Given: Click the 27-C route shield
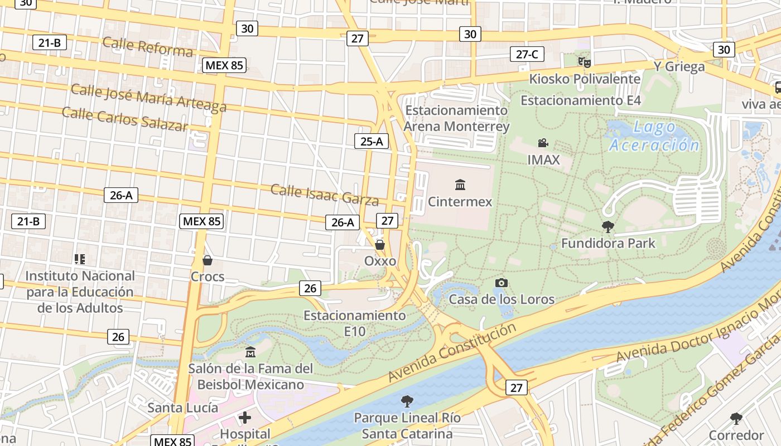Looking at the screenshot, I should click(x=527, y=54).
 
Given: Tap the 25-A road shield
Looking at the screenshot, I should click(x=372, y=141).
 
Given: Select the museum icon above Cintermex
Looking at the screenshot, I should click(x=460, y=185).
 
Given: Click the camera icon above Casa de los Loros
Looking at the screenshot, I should click(x=502, y=283).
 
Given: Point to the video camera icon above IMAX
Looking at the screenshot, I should click(x=543, y=143).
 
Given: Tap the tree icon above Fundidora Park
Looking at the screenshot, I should click(x=608, y=226).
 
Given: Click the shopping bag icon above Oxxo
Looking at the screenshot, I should click(x=380, y=245).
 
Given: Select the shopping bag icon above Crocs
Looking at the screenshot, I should click(x=208, y=260).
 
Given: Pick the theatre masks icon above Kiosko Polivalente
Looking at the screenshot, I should click(x=584, y=62).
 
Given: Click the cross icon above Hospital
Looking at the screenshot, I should click(x=245, y=417).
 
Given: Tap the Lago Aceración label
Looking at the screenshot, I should click(x=654, y=137).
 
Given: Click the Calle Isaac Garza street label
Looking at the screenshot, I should click(x=325, y=194).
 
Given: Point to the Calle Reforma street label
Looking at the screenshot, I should click(x=148, y=47).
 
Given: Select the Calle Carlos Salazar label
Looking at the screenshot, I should click(x=125, y=119).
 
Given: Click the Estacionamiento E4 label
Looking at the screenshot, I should click(x=581, y=100).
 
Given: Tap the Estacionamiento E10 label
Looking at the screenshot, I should click(x=355, y=323).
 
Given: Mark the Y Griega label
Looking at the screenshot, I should click(x=679, y=67).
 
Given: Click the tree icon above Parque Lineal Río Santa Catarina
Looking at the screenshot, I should click(x=407, y=401).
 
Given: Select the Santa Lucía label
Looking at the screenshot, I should click(x=183, y=408).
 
